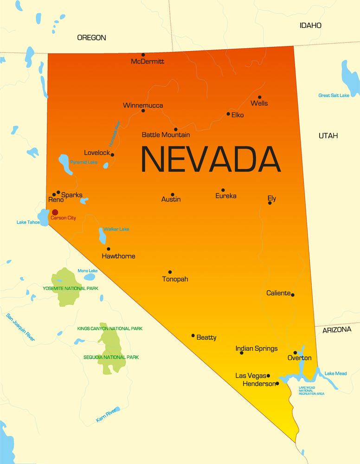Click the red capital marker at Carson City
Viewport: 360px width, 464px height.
click(55, 212)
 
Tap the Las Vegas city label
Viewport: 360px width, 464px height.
click(251, 375)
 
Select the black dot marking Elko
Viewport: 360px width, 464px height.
click(228, 114)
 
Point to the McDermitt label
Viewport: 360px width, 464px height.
click(148, 61)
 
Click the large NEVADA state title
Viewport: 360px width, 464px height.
click(211, 160)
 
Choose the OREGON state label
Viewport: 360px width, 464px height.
click(91, 38)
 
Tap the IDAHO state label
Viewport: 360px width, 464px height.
click(310, 26)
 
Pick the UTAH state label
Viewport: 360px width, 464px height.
click(328, 135)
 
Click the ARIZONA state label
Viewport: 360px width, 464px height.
click(337, 329)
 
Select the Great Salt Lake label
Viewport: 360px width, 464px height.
click(334, 96)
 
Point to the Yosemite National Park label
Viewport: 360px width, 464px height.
click(71, 288)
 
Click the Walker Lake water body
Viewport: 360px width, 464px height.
click(102, 235)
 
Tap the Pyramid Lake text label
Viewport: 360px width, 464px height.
click(84, 162)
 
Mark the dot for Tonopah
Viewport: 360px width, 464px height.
click(170, 272)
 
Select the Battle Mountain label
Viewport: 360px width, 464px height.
click(166, 135)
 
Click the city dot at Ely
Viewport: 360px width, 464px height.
click(270, 203)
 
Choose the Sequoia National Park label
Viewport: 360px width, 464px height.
click(111, 357)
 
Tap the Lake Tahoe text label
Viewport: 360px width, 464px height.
click(28, 222)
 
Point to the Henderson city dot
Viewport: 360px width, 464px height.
click(277, 383)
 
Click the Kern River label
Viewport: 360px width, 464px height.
click(106, 416)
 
